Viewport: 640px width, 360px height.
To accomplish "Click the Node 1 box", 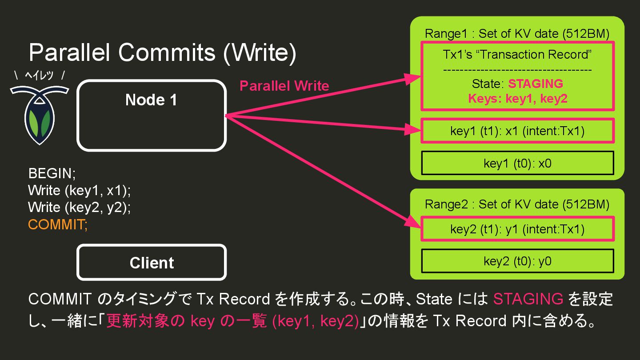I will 152,116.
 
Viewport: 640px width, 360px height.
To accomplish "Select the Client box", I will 152,263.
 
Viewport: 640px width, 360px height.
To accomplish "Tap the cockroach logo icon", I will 40,114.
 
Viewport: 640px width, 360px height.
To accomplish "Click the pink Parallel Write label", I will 284,86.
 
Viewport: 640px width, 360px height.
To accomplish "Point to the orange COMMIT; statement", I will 58,224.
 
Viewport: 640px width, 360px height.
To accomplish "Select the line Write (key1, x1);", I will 80,190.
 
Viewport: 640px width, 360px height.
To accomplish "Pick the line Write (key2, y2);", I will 80,207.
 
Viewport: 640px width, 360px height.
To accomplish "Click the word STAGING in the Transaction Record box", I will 536,84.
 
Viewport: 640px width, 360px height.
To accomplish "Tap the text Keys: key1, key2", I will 518,98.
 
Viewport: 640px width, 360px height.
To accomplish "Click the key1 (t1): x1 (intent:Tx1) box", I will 517,131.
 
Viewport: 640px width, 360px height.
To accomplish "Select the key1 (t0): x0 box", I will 517,163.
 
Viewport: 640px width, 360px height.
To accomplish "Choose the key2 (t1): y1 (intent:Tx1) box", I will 517,229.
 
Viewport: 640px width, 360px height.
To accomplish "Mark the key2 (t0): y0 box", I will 517,261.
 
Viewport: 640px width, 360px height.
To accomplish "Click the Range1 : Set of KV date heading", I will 517,33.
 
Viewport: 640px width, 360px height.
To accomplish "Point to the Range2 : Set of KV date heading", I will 517,204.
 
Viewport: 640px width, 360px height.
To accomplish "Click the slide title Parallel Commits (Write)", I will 162,53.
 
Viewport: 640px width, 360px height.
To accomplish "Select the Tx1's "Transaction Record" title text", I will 517,54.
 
